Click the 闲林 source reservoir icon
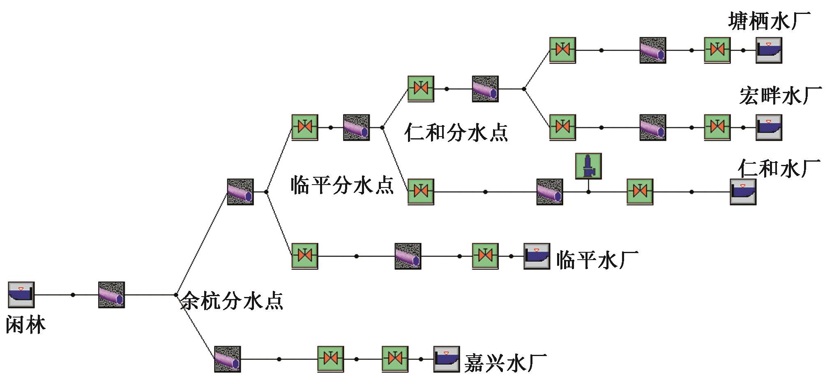point(21,295)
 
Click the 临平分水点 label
point(342,185)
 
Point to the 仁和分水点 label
point(456,132)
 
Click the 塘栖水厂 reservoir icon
point(769,50)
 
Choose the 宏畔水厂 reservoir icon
point(769,128)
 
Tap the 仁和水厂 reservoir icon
point(743,192)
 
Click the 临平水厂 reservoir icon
point(537,256)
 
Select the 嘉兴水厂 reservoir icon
point(447,359)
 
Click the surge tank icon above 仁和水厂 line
point(588,166)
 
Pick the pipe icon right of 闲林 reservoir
point(111,295)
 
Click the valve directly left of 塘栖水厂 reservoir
point(717,50)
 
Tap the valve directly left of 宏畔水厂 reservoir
point(717,128)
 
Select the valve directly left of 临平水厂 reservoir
point(485,256)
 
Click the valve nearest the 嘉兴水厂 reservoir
point(395,359)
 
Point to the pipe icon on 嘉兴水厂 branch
point(227,359)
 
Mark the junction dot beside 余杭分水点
point(176,295)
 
